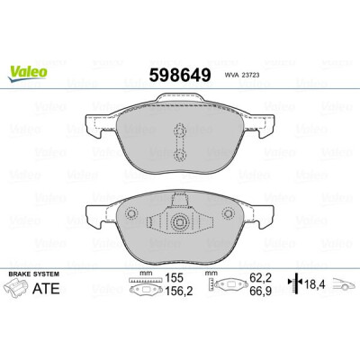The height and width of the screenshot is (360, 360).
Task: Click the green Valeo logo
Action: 28,73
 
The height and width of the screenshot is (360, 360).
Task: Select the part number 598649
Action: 180,75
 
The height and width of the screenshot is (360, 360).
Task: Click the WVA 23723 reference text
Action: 242,76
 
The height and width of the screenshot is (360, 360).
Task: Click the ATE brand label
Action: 46,288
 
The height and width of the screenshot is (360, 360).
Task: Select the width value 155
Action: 174,278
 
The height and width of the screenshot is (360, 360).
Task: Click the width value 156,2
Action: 179,291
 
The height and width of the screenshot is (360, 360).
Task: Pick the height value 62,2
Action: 261,278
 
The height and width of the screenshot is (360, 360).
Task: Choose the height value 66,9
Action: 261,291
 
